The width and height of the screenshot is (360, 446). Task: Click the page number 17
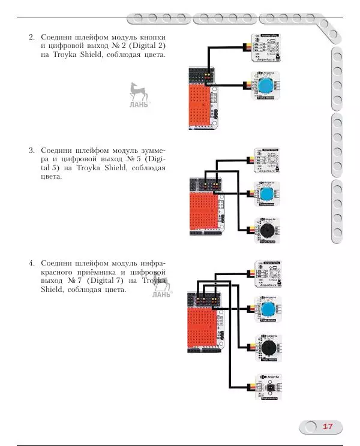(x=328, y=427)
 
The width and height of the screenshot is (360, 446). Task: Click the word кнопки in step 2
(x=151, y=37)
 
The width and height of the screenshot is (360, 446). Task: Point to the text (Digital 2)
(x=145, y=46)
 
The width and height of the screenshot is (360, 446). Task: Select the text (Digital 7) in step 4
(x=105, y=281)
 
